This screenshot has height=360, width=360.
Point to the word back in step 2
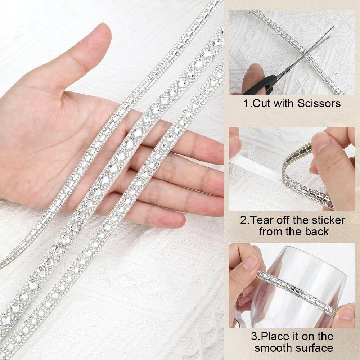point(317,231)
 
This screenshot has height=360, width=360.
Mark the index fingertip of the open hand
point(212,148)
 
